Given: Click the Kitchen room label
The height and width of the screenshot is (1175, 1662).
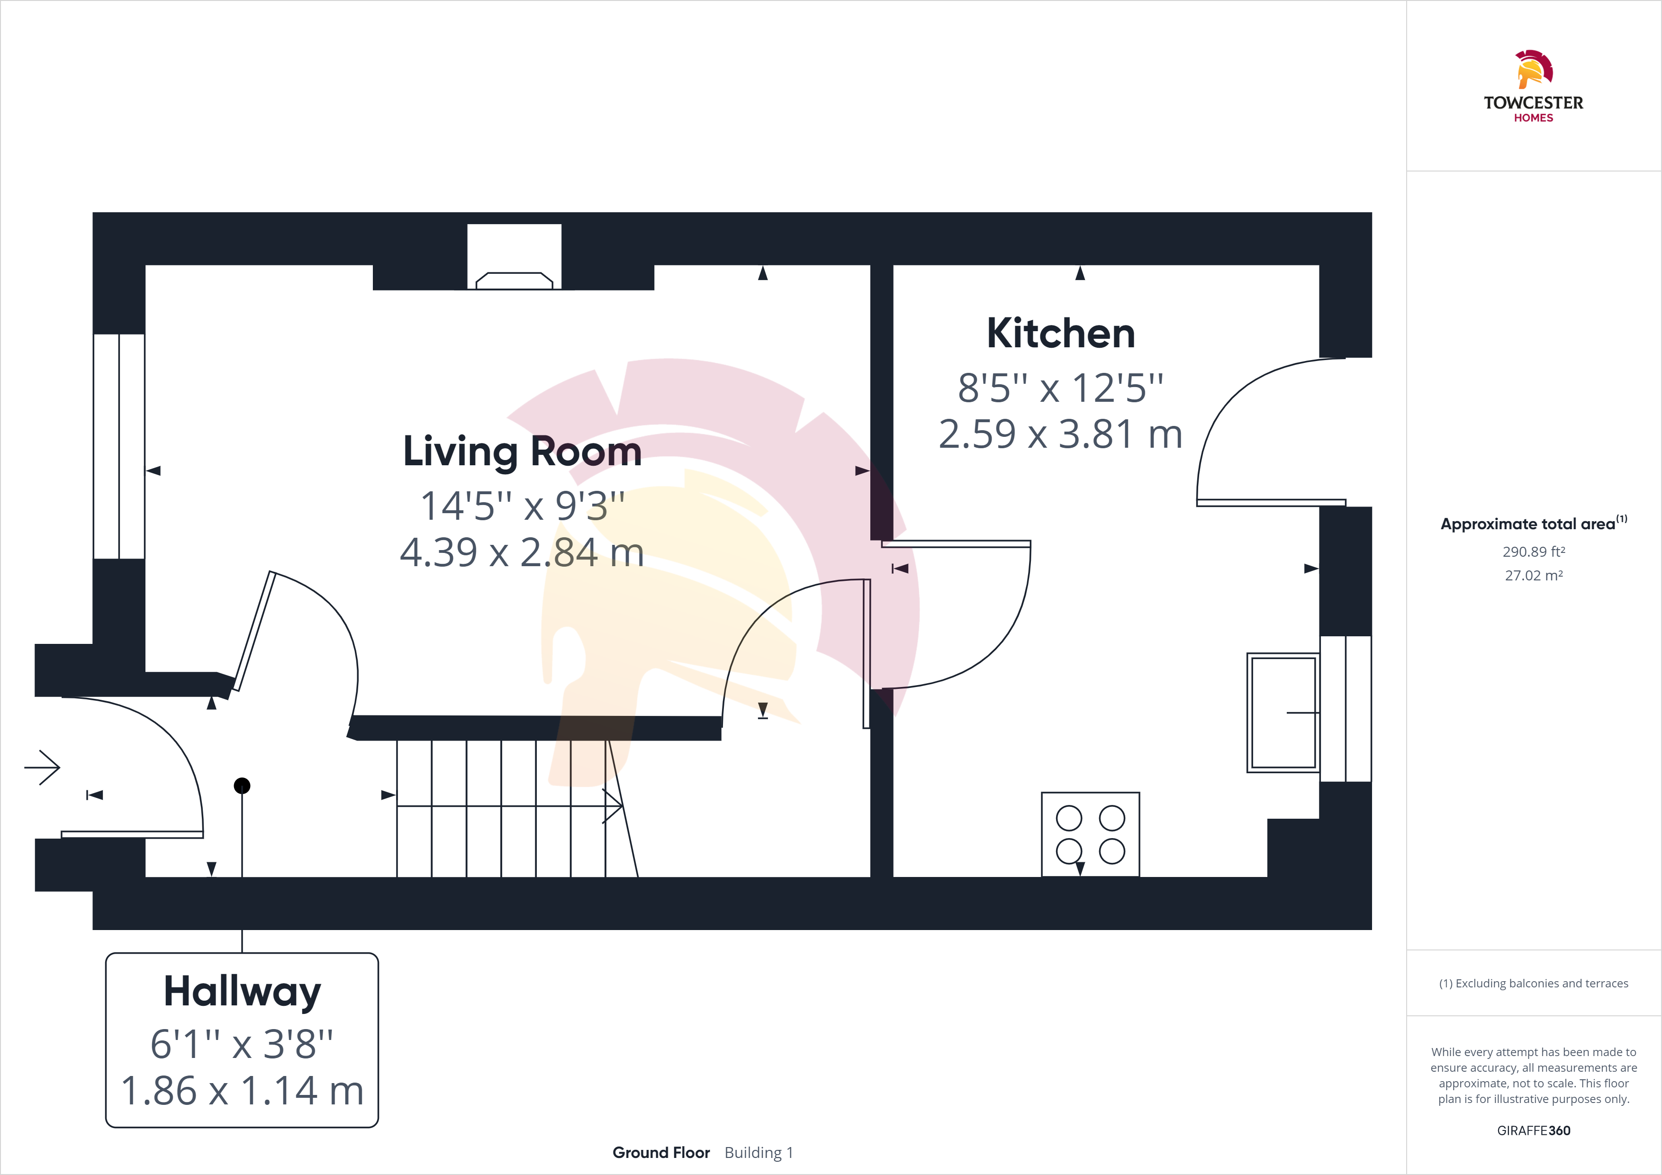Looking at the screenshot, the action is [x=1060, y=334].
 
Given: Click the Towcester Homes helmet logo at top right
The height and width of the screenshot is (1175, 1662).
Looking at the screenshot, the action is [x=1533, y=70].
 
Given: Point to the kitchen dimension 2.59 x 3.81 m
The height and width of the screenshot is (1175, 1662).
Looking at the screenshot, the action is [x=1060, y=434].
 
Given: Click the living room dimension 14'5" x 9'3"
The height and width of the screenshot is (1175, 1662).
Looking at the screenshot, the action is [x=522, y=506].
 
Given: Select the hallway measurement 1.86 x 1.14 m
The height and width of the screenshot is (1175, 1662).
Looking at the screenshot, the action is [x=242, y=1091].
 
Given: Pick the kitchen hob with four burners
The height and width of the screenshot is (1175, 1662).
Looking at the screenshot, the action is [x=1090, y=834].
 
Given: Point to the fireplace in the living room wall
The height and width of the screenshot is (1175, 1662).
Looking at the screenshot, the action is [x=514, y=257].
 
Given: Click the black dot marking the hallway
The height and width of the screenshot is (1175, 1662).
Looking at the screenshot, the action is [x=242, y=786].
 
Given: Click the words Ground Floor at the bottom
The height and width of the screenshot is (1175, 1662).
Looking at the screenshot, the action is [x=661, y=1153].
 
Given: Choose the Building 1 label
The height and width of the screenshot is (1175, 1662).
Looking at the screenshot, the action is [x=759, y=1153].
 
